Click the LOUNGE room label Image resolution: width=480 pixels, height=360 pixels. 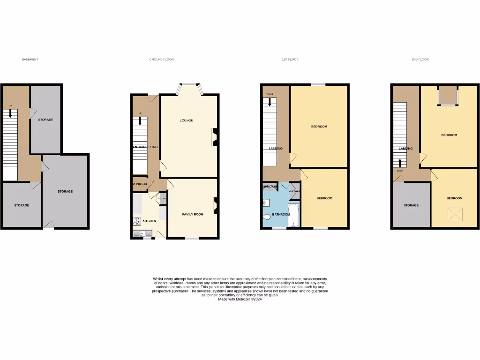pyautogui.click(x=186, y=120)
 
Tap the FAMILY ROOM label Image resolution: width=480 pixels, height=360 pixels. pyautogui.click(x=193, y=214)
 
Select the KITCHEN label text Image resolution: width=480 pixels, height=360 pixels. pyautogui.click(x=149, y=221)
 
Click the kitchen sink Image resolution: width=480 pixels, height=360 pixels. pyautogui.click(x=140, y=232)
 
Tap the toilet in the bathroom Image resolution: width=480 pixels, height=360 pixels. pyautogui.click(x=267, y=217)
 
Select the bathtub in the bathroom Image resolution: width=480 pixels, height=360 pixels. pyautogui.click(x=293, y=215)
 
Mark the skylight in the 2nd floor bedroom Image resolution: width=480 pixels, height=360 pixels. pyautogui.click(x=455, y=215)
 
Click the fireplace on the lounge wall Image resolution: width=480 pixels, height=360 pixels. pyautogui.click(x=215, y=137)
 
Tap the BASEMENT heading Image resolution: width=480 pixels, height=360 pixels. pyautogui.click(x=30, y=60)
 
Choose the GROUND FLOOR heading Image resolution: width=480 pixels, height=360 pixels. pyautogui.click(x=161, y=60)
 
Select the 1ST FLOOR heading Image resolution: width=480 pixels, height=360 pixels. pyautogui.click(x=290, y=60)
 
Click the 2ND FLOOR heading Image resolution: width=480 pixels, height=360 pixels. pyautogui.click(x=420, y=60)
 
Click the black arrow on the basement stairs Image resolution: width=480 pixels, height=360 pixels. pyautogui.click(x=10, y=113)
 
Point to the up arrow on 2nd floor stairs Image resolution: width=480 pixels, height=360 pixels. pyautogui.click(x=400, y=163)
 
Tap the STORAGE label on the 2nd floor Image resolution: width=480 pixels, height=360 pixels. pyautogui.click(x=411, y=205)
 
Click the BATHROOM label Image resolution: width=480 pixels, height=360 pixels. pyautogui.click(x=281, y=214)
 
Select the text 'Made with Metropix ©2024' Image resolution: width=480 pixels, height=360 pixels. pyautogui.click(x=240, y=299)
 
